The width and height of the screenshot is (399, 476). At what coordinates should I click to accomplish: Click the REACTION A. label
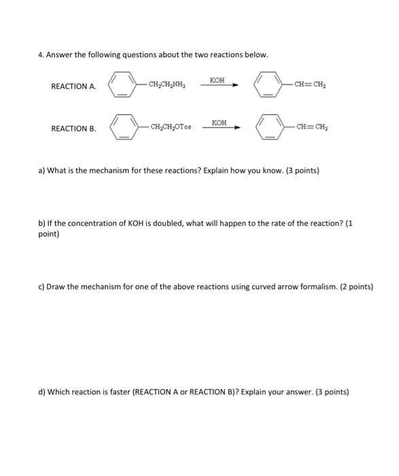[x=73, y=87]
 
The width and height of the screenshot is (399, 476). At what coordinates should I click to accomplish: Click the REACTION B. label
[x=73, y=129]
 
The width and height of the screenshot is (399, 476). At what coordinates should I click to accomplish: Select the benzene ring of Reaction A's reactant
[x=124, y=86]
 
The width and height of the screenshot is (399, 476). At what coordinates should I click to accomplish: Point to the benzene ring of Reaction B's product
[x=269, y=127]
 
